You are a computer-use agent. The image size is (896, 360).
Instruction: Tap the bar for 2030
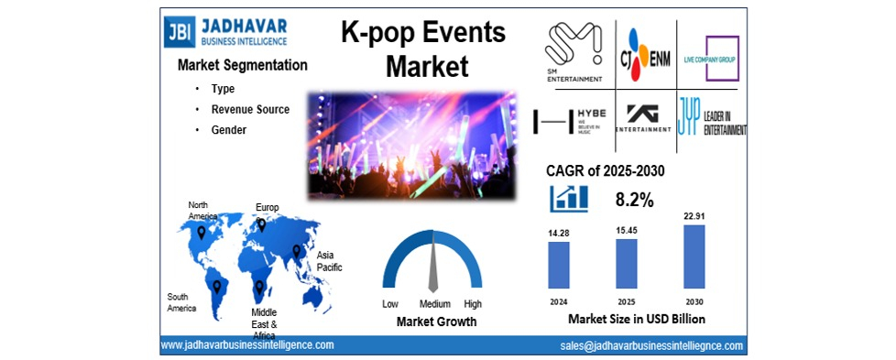pyautogui.click(x=694, y=256)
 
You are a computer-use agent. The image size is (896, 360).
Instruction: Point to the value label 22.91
pyautogui.click(x=694, y=216)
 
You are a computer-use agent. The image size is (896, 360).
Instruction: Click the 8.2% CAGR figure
pyautogui.click(x=633, y=199)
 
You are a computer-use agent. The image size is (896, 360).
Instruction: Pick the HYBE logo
pyautogui.click(x=574, y=120)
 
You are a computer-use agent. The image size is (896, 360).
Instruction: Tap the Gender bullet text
pyautogui.click(x=229, y=130)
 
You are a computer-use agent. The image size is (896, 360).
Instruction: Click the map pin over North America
pyautogui.click(x=202, y=233)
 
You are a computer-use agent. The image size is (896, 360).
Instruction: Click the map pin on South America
pyautogui.click(x=217, y=287)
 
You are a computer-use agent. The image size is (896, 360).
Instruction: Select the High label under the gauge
pyautogui.click(x=473, y=303)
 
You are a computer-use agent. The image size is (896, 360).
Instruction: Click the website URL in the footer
pyautogui.click(x=247, y=344)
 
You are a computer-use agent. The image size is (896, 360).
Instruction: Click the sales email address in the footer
pyautogui.click(x=651, y=345)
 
